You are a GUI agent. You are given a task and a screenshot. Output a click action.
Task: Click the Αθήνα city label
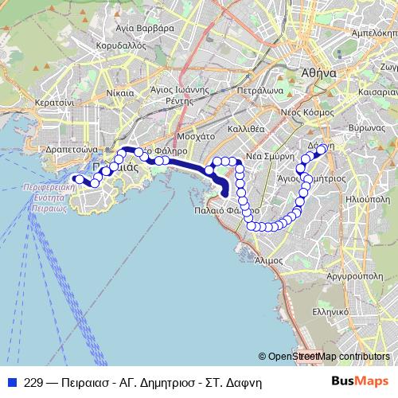pyautogui.click(x=318, y=72)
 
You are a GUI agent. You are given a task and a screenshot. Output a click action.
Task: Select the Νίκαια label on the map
pyautogui.click(x=119, y=93)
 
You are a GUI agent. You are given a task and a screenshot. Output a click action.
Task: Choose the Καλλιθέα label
pyautogui.click(x=246, y=128)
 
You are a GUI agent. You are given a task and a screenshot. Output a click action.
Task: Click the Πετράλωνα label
pyautogui.click(x=260, y=91)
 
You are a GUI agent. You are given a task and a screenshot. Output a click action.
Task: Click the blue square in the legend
pyautogui.click(x=13, y=381)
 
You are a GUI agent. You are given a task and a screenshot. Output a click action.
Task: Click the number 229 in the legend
pyautogui.click(x=33, y=381)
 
